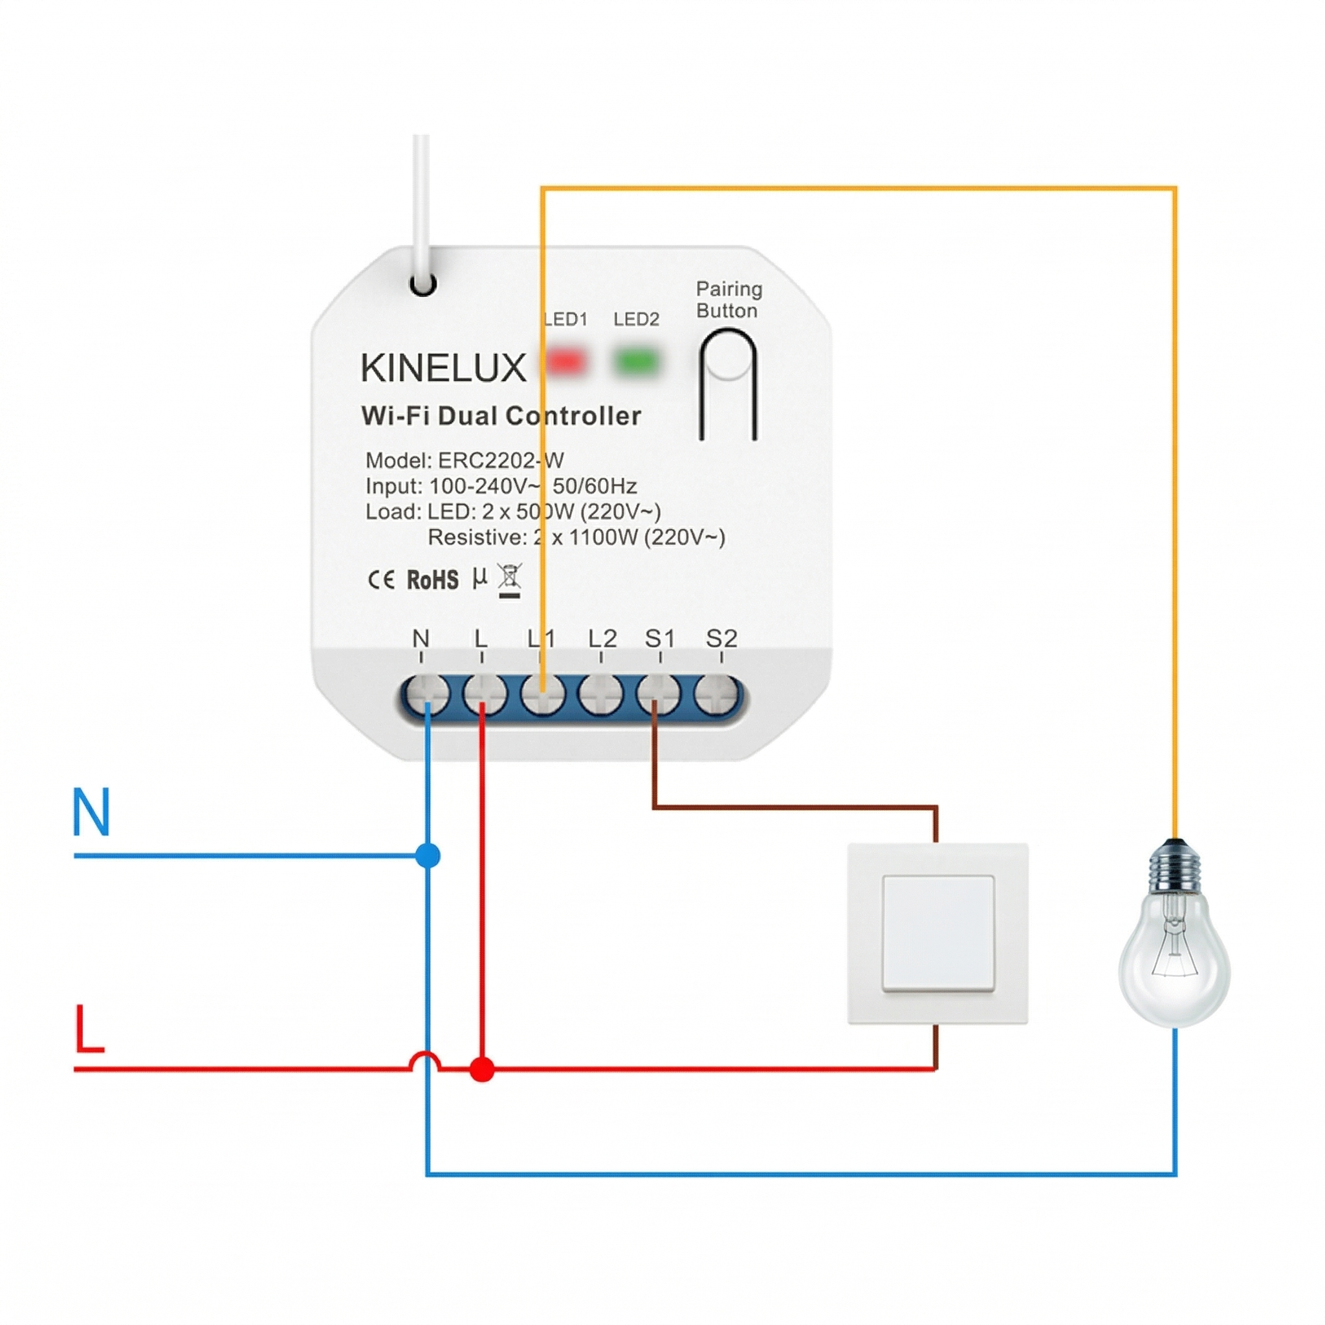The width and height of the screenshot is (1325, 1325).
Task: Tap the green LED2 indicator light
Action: (637, 362)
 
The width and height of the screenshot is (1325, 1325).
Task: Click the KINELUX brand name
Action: (443, 368)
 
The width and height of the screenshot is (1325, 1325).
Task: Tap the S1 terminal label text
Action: (660, 639)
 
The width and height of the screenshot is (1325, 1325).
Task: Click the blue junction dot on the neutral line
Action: (427, 855)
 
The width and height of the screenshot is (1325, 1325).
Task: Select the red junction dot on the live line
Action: (482, 1069)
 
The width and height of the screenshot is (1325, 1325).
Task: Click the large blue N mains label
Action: (91, 811)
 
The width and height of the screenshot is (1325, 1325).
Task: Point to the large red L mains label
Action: (89, 1029)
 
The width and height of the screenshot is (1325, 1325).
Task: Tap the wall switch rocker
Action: (938, 933)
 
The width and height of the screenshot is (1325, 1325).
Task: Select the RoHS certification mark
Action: (433, 580)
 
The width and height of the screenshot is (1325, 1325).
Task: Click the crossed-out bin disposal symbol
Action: (510, 580)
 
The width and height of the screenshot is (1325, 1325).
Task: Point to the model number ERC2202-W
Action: (501, 460)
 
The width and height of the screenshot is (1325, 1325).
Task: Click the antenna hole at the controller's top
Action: (422, 283)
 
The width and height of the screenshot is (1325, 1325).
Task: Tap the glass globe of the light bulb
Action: (1174, 960)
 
